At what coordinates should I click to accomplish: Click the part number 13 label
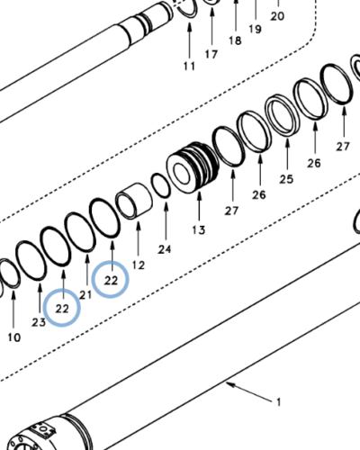pos(199,230)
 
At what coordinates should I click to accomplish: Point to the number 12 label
pos(138,265)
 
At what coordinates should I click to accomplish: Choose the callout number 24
pos(165,248)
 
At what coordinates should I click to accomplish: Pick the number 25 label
pos(286,179)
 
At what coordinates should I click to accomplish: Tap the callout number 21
pos(86,294)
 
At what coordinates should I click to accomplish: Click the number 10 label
pos(13,337)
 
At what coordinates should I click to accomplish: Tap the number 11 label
pos(189,67)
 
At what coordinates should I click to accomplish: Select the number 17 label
pos(211,55)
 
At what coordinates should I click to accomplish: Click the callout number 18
pos(235,41)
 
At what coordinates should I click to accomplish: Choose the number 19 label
pos(255,29)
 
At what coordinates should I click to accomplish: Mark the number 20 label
pos(276,16)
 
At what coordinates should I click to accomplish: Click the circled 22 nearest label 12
pos(112,280)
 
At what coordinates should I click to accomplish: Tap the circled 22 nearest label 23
pos(62,308)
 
